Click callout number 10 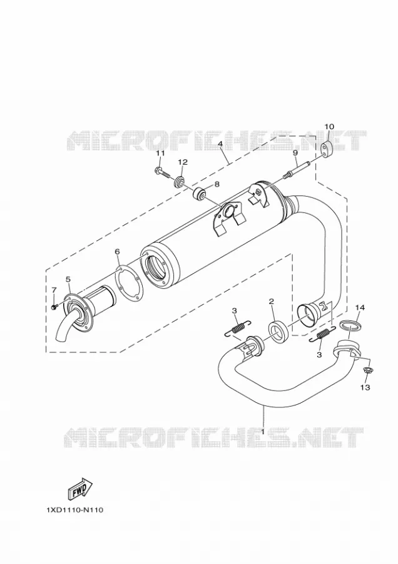(x=329, y=127)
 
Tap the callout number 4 (x=220, y=144)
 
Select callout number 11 (x=160, y=154)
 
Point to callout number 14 (x=360, y=307)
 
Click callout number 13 (x=365, y=387)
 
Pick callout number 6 (x=117, y=251)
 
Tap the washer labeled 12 (x=178, y=182)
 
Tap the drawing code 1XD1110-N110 (x=74, y=509)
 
